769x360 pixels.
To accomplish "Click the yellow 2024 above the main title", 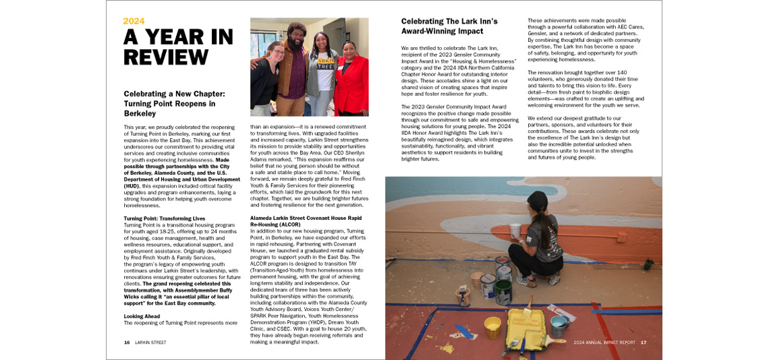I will point(134,21).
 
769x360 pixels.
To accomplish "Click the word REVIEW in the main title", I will point(165,57).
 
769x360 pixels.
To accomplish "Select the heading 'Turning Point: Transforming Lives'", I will point(165,219).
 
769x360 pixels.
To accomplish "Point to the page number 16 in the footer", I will point(127,342).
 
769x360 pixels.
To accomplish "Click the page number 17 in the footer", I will point(644,342).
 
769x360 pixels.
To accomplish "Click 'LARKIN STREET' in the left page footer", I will point(150,342).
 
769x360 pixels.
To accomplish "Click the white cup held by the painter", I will point(515,231).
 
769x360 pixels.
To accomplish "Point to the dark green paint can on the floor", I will point(503,293).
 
